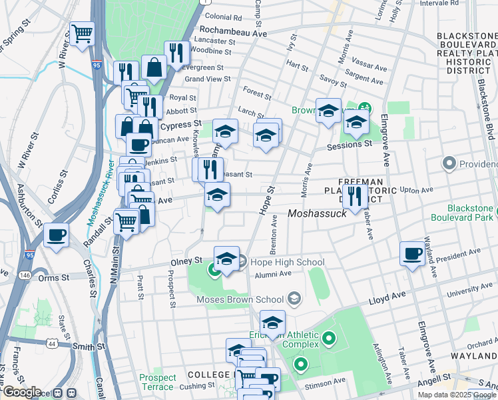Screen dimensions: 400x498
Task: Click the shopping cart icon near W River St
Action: coord(82,33)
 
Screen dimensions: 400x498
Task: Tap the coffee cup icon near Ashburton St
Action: coord(56,235)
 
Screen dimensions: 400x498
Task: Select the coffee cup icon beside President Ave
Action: coord(412,254)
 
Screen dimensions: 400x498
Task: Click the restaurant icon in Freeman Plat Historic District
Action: coord(356,195)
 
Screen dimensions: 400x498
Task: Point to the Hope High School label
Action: coord(278,262)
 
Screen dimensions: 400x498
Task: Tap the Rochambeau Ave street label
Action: coord(233,32)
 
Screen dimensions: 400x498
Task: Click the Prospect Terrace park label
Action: coord(158,382)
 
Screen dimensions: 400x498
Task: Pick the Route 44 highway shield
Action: coord(52,343)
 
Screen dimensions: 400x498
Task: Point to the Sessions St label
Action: coord(348,144)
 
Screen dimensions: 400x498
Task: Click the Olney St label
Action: coord(186,260)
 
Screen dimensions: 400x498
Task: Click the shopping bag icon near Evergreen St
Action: coord(154,67)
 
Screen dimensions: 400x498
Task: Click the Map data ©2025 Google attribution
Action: coord(456,394)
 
